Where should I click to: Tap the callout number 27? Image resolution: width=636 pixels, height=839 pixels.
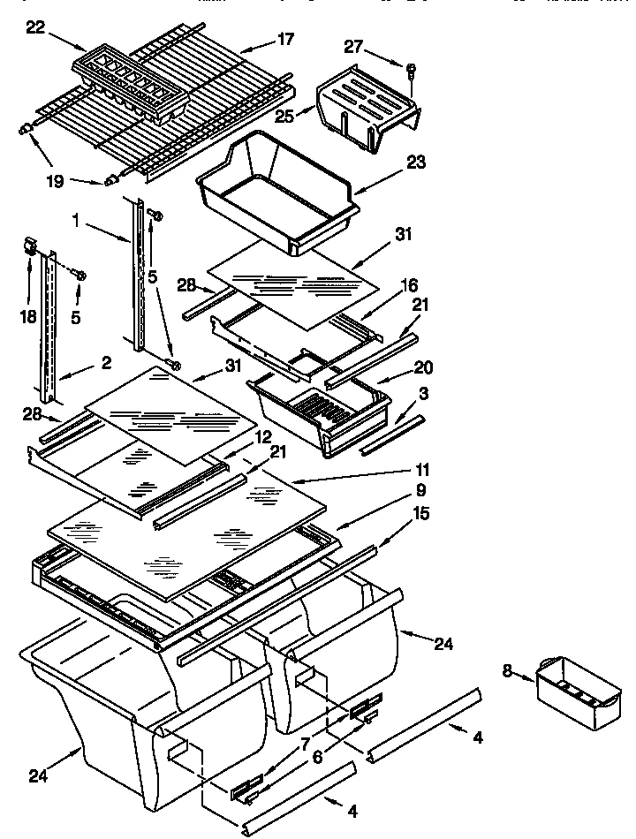point(353,48)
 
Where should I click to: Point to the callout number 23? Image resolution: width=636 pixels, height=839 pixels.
point(416,162)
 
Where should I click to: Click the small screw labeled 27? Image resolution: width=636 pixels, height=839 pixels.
point(413,68)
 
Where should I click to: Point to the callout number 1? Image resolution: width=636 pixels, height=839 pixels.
point(80,223)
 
